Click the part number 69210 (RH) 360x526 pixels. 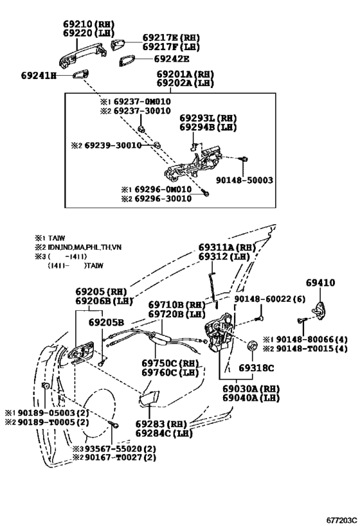click(x=89, y=24)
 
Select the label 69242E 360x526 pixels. click(x=172, y=59)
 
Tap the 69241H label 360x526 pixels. click(x=39, y=76)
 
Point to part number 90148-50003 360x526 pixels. click(x=244, y=180)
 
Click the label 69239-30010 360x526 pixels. click(x=113, y=145)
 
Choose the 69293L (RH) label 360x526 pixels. click(x=208, y=118)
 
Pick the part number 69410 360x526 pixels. click(x=320, y=283)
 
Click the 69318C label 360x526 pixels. click(x=256, y=368)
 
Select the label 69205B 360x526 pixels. click(x=106, y=322)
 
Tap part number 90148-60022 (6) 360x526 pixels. click(x=269, y=298)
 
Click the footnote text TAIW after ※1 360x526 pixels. click(x=57, y=238)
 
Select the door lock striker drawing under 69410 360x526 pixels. click(x=320, y=311)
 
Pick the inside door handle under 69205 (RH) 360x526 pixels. click(x=81, y=351)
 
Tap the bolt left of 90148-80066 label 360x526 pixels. click(x=301, y=320)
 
